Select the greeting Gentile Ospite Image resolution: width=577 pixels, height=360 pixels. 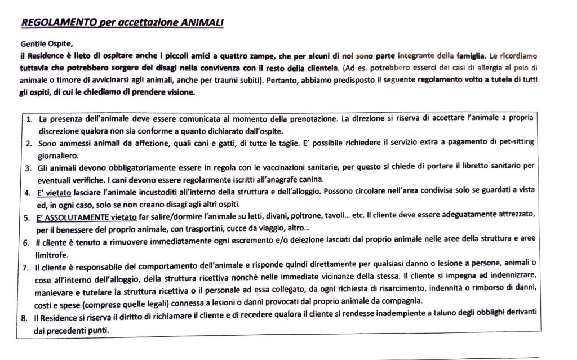coord(47,43)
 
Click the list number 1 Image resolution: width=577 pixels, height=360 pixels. coord(29,119)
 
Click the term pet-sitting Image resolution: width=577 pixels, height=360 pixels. coord(514,142)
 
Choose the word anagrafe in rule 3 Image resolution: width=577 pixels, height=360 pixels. coord(250,180)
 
